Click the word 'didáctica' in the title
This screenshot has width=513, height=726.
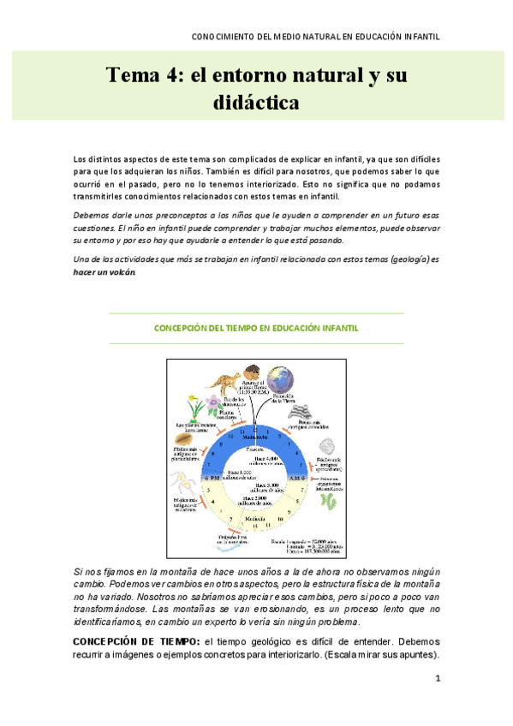click(x=256, y=104)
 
